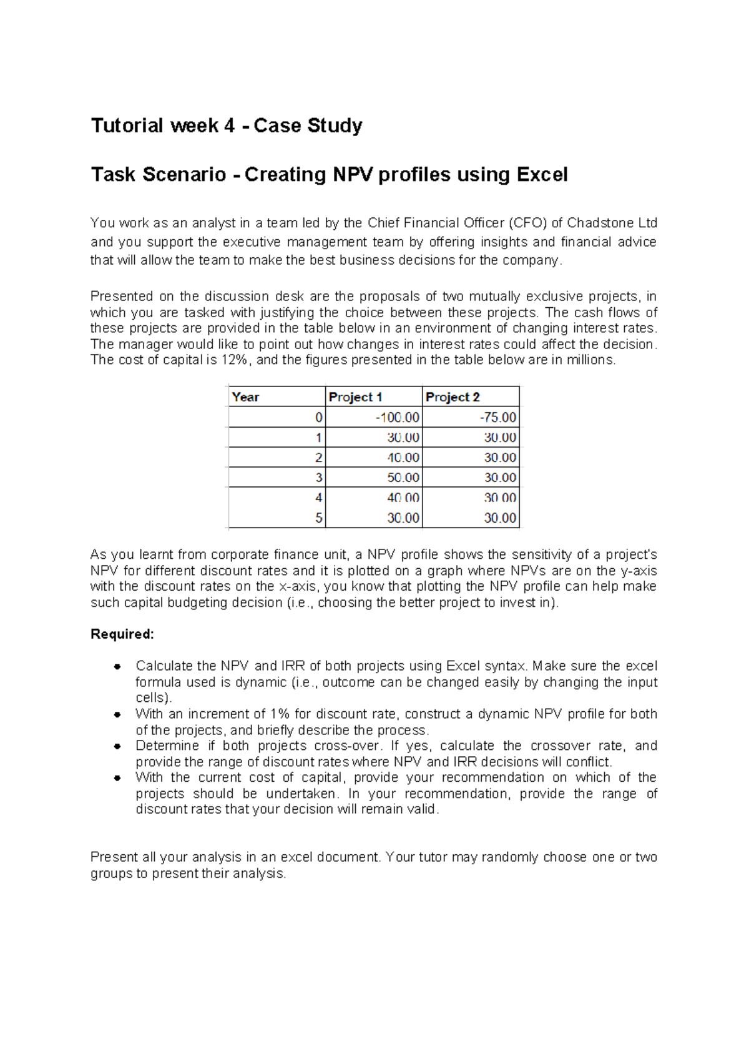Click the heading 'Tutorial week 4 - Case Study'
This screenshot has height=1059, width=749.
tap(227, 126)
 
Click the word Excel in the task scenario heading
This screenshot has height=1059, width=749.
tap(542, 174)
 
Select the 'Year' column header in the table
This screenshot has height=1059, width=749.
tap(245, 397)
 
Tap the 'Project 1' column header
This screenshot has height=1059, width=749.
tap(355, 397)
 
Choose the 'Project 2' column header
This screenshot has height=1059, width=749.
tap(453, 397)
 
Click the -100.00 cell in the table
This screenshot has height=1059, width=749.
tap(397, 417)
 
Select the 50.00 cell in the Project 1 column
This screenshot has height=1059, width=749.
tap(403, 478)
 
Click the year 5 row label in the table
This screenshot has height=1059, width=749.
tap(319, 518)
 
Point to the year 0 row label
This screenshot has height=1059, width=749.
tap(319, 417)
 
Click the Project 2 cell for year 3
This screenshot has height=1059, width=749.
tap(500, 478)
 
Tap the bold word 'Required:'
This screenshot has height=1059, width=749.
tap(122, 634)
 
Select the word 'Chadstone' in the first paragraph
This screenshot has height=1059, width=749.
tap(599, 223)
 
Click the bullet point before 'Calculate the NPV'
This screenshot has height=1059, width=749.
tap(117, 667)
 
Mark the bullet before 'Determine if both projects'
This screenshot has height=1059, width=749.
tap(117, 746)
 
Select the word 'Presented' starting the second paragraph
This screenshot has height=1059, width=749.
tap(121, 296)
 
